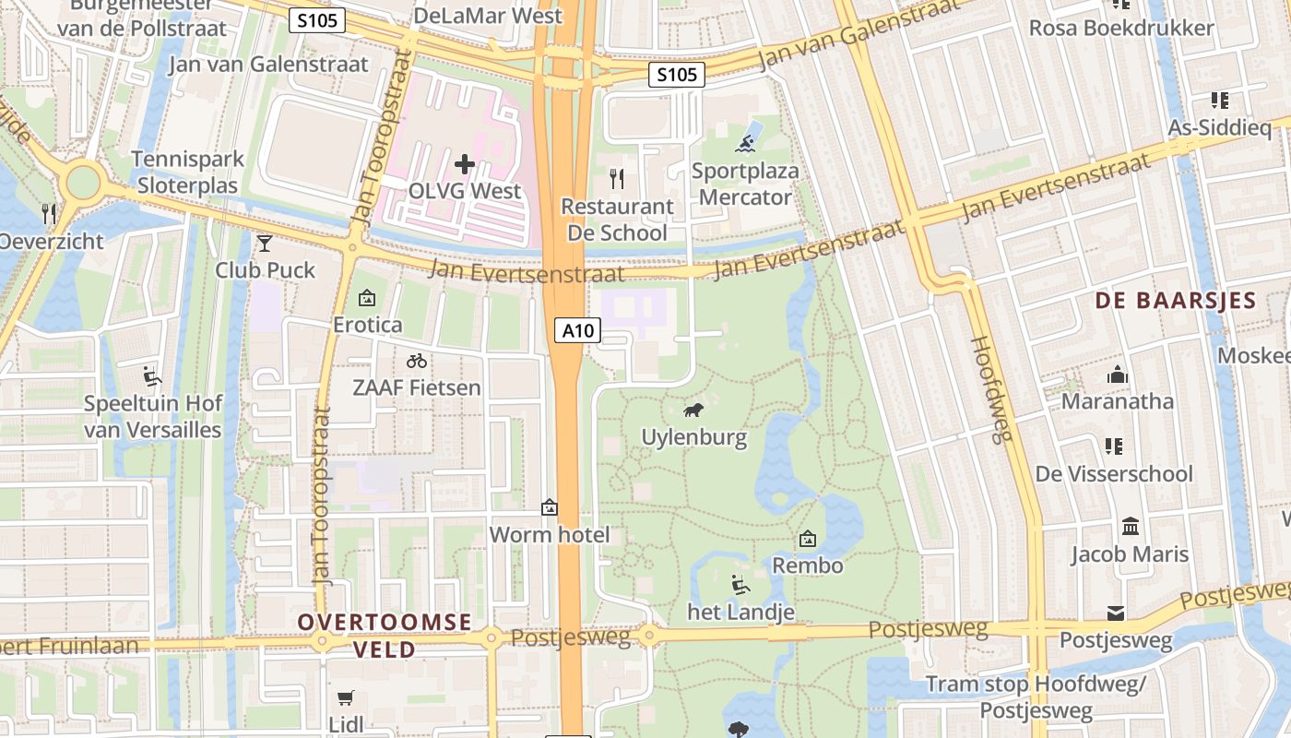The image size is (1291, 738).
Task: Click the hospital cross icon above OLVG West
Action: click(x=465, y=164)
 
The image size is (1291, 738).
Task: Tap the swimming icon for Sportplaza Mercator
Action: click(x=746, y=143)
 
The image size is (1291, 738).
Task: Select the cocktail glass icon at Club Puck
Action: click(x=265, y=243)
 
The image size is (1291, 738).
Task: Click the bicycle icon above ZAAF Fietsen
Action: click(x=417, y=361)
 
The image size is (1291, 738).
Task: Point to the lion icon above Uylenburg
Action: click(x=693, y=410)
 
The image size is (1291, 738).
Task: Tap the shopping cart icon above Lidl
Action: click(x=346, y=697)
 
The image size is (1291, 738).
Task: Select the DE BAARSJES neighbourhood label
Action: click(x=1176, y=301)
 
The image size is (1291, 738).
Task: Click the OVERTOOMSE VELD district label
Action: click(x=385, y=636)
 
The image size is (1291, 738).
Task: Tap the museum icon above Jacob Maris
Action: click(x=1130, y=527)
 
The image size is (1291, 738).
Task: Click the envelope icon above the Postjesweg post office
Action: click(x=1116, y=613)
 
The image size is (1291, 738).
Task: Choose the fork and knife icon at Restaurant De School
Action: click(x=617, y=178)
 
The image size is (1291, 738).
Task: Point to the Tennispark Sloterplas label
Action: click(x=188, y=172)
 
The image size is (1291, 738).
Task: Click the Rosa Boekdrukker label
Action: click(x=1121, y=28)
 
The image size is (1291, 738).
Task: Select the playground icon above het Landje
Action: click(x=740, y=584)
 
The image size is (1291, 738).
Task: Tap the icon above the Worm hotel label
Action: click(x=550, y=506)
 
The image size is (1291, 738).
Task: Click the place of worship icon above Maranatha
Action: click(x=1118, y=375)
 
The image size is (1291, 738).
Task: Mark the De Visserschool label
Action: click(x=1114, y=474)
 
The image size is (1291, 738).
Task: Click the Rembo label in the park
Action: click(x=808, y=565)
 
